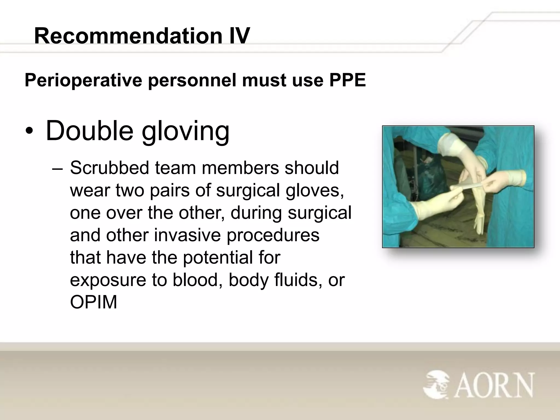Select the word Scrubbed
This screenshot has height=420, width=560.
click(x=109, y=167)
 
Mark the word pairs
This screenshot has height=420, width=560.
click(x=170, y=190)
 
